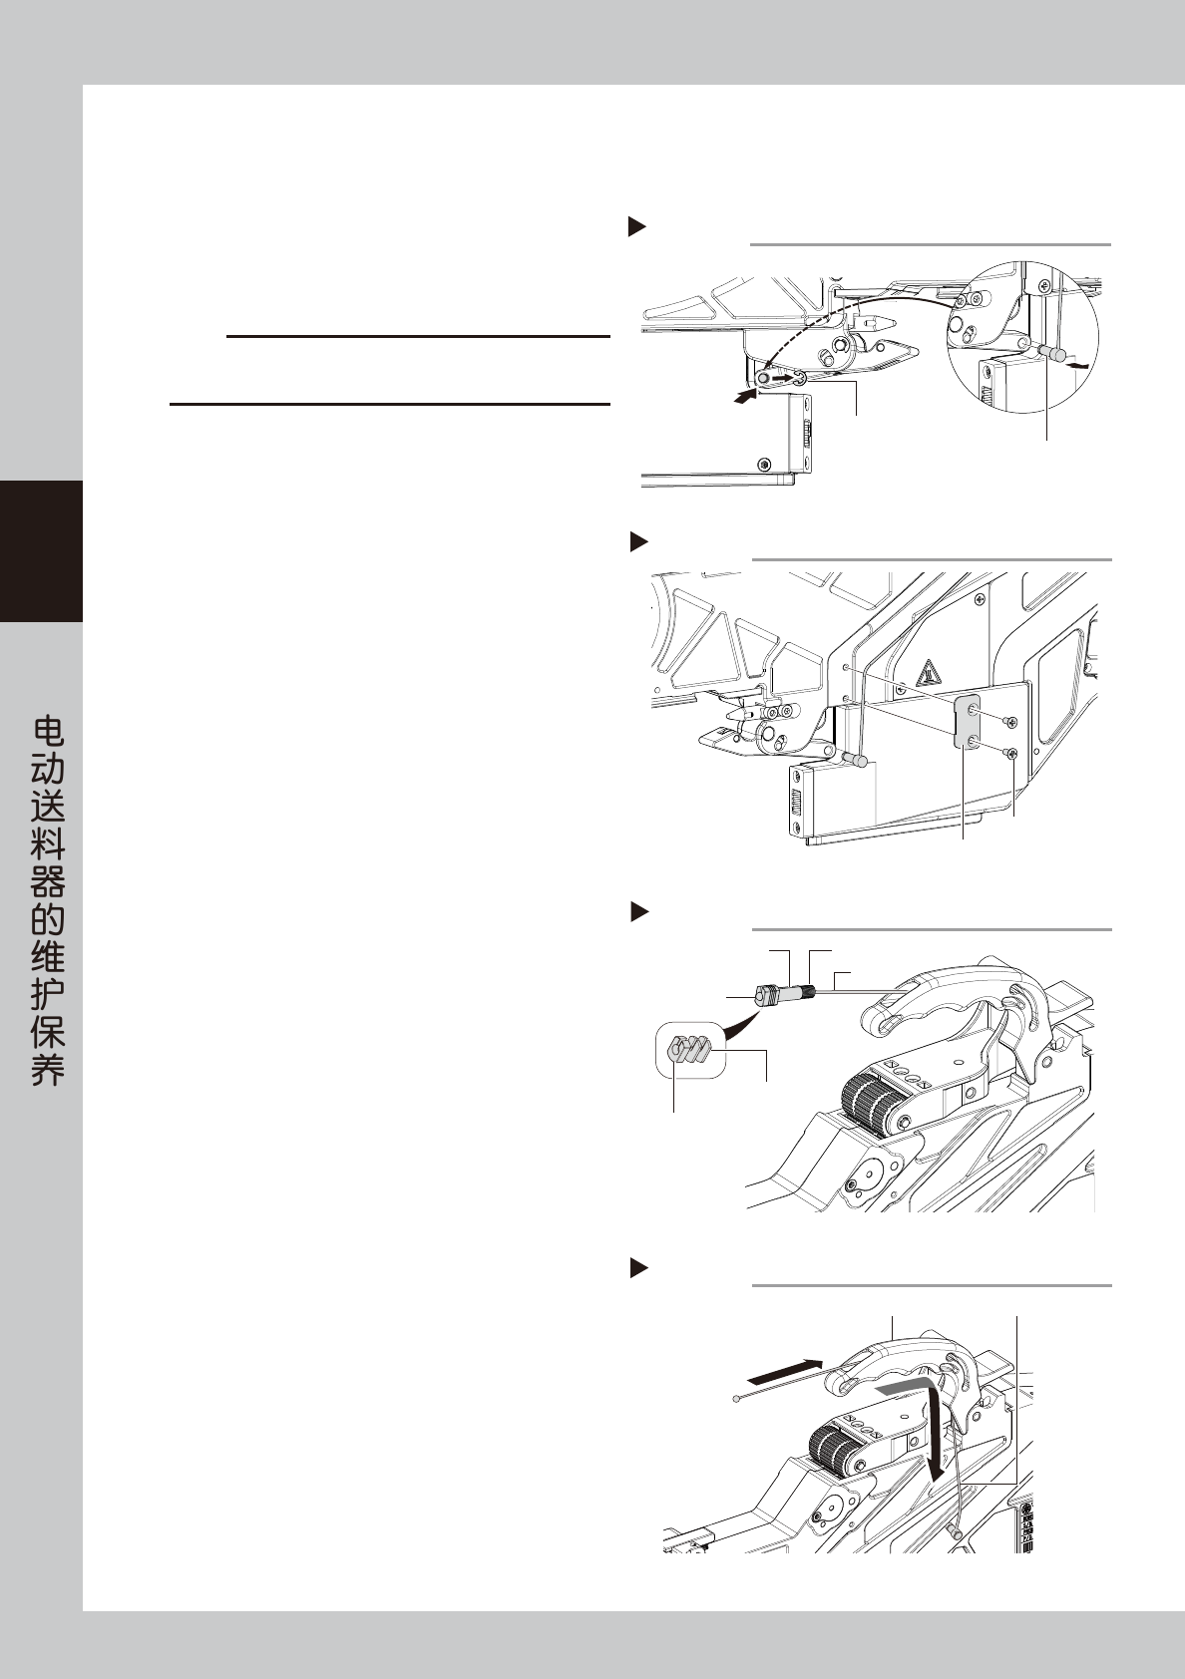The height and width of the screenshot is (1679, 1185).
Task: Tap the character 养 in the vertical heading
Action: click(48, 1069)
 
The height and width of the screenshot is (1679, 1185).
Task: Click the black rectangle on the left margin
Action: click(41, 551)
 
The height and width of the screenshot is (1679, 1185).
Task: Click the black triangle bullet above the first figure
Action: click(637, 226)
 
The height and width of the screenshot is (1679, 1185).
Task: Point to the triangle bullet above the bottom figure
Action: click(637, 1268)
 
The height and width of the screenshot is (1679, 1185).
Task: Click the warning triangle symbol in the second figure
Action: click(929, 674)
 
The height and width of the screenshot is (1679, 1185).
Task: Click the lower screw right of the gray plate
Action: click(1012, 754)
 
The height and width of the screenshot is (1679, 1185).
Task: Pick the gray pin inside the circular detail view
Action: click(1051, 353)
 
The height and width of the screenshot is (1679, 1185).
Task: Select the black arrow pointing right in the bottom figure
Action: click(786, 1370)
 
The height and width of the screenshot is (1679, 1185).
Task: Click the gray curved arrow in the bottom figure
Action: click(903, 1389)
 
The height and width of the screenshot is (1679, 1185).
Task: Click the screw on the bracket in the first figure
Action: click(764, 463)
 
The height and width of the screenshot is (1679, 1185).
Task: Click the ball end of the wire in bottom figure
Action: click(736, 1400)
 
